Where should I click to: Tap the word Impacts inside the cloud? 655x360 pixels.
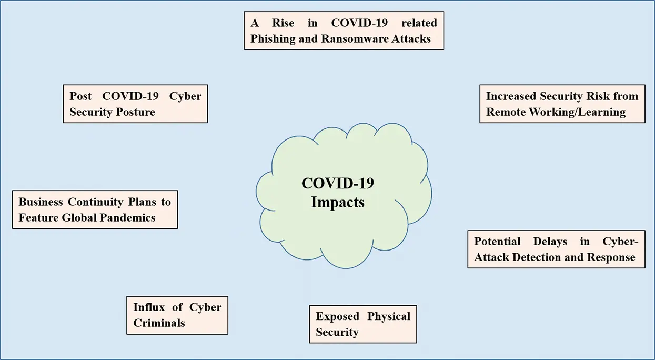coord(338,202)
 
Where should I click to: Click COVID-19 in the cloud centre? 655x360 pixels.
coord(338,183)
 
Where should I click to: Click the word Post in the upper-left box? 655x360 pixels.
coord(80,96)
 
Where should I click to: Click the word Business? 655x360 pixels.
coord(41,202)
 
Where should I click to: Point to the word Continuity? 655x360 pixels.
coord(96,202)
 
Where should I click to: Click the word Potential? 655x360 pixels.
coord(497,241)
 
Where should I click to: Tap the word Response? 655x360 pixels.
coord(611,257)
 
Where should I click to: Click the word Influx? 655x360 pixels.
coord(149,307)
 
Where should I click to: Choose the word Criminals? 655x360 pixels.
coord(159,323)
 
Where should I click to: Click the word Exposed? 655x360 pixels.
coord(337,316)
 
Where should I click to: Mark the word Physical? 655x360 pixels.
coord(389,316)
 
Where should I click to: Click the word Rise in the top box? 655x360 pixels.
coord(283,23)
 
